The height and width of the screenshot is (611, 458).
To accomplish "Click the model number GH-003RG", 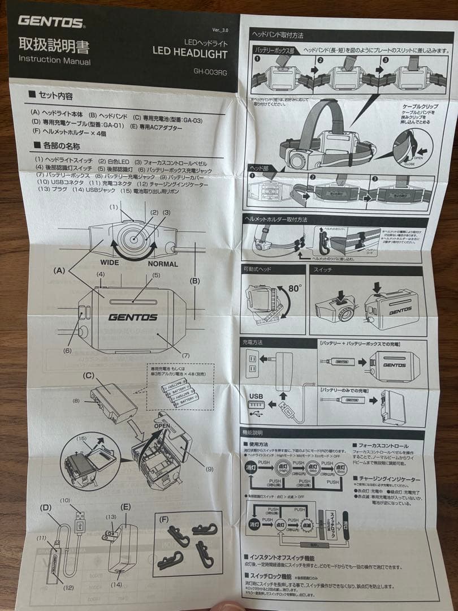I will [x=210, y=72].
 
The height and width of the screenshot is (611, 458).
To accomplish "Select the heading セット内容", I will [x=54, y=96].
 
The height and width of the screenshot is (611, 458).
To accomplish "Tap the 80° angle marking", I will [x=295, y=289].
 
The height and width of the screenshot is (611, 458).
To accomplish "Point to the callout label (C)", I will [x=89, y=375].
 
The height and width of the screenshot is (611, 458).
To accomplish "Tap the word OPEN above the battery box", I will [x=162, y=426].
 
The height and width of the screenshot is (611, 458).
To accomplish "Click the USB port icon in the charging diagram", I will [x=256, y=406].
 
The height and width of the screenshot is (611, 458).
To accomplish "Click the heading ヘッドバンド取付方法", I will [x=278, y=35].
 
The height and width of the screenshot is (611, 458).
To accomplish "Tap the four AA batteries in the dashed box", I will [x=179, y=393].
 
